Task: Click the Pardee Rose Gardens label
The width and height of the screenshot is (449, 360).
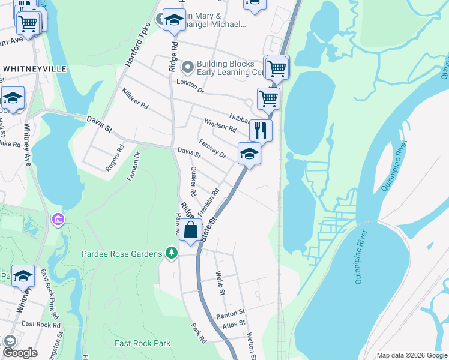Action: click(122, 254)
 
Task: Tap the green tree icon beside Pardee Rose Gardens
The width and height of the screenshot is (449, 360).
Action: click(172, 254)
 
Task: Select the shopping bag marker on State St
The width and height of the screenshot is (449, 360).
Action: click(190, 230)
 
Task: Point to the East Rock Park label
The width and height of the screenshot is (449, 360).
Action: click(142, 344)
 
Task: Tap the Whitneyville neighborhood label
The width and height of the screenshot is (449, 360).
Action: click(35, 69)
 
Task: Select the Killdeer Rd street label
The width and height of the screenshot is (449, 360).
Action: click(134, 97)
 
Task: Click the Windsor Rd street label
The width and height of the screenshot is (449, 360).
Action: click(220, 126)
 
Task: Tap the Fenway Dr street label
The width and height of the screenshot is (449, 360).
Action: click(212, 149)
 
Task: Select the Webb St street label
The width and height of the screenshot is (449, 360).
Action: click(220, 283)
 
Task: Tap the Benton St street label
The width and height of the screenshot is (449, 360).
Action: click(231, 313)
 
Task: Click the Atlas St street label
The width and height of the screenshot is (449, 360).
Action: click(234, 323)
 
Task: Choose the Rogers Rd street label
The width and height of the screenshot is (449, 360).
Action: click(114, 158)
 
